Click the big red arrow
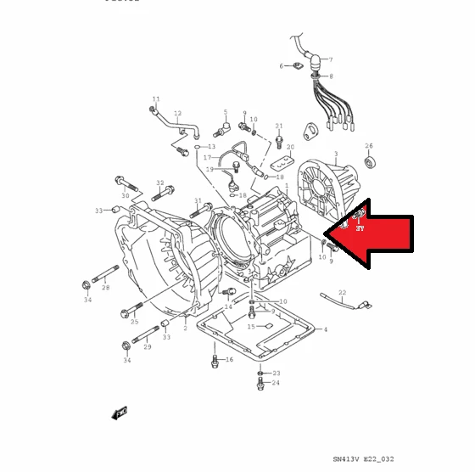pos(373,240)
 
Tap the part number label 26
pos(369,145)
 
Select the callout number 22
pos(342,292)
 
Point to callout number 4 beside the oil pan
pos(325,329)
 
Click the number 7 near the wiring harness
pos(330,59)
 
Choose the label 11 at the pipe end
pos(155,99)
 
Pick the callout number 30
pos(125,195)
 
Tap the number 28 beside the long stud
pos(106,289)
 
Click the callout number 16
pos(228,360)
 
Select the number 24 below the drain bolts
pos(275,384)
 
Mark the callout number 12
pos(177,113)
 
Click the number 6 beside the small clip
pos(282,65)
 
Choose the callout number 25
pos(134,322)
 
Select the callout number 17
pos(207,158)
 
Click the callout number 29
pos(147,347)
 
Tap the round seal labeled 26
pos(368,161)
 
